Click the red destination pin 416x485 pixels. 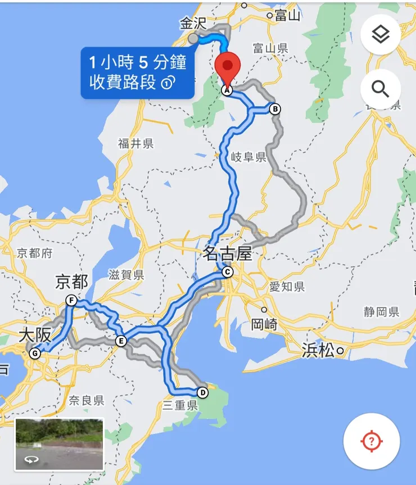click(228, 66)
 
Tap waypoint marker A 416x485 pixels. click(227, 90)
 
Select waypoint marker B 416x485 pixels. click(274, 109)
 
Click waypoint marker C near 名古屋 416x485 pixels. click(227, 273)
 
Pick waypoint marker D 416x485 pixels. click(202, 393)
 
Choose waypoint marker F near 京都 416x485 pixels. click(71, 301)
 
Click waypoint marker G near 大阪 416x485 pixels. click(35, 353)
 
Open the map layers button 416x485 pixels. click(380, 35)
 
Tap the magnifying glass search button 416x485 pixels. click(380, 89)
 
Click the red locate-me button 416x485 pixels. click(371, 441)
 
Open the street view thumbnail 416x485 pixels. click(60, 444)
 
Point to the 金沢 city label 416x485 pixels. click(193, 24)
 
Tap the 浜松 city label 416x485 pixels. click(318, 351)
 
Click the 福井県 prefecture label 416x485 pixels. click(135, 144)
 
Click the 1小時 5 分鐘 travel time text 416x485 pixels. click(137, 60)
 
